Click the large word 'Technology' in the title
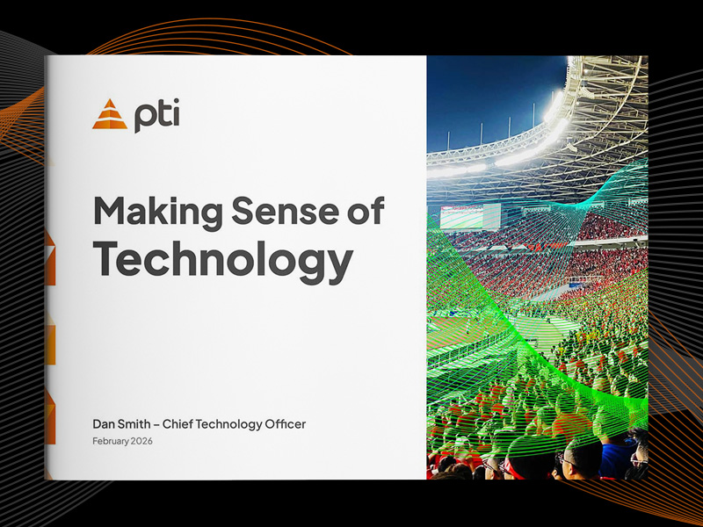pos(223,257)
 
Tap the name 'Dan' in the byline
pos(105,424)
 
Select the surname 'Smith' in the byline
pos(140,424)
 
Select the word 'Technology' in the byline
pos(232,424)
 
